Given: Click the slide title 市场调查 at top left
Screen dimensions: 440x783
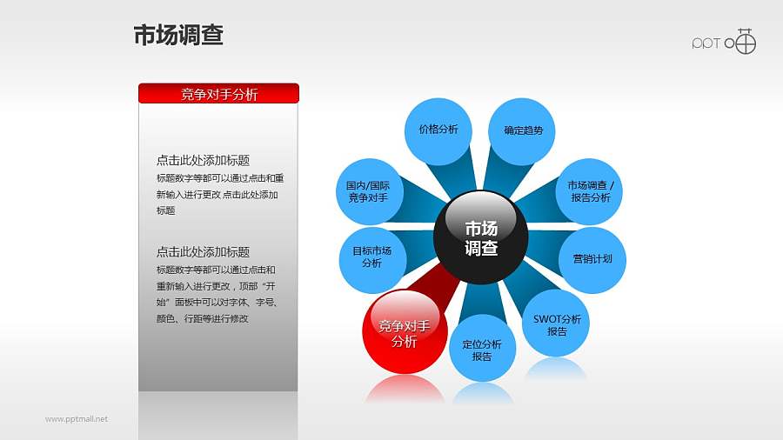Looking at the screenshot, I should point(178,35).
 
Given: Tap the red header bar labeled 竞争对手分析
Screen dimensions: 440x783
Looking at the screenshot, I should point(218,94).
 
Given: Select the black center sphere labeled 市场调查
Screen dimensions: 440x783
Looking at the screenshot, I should point(481,237).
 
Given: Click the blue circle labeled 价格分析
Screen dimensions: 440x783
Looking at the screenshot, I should point(438,130).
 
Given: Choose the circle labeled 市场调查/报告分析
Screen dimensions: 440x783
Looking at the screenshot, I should point(590,191).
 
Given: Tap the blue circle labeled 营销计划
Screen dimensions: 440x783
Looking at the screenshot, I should point(592,259).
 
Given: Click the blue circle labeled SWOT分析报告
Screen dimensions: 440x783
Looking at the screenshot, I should point(557,324).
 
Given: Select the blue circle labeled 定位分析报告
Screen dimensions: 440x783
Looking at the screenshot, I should point(481,349).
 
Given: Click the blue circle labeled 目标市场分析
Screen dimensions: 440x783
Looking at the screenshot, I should point(371,257).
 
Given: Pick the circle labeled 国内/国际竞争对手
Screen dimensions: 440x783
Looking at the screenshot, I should point(367,191).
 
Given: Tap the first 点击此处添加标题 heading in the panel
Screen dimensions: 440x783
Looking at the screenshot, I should point(203,160).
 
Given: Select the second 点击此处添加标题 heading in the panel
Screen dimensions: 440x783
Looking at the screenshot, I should point(203,252).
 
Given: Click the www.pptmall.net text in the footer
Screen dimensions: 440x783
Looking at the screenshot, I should point(77,419).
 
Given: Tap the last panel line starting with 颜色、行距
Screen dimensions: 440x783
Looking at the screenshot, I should point(202,319).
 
